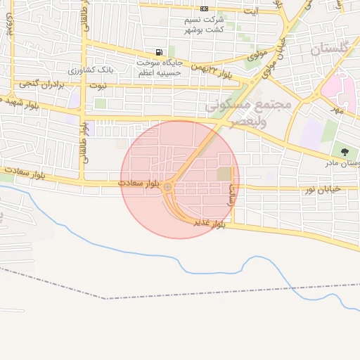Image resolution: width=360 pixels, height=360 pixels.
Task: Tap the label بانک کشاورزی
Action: coord(90,71)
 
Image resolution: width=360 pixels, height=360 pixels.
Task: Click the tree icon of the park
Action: coord(345,152)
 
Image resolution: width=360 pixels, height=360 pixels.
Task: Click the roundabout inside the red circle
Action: coord(167,186)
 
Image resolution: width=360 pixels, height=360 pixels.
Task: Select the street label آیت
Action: coord(250,11)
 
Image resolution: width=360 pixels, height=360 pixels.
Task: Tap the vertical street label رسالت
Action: coord(231,193)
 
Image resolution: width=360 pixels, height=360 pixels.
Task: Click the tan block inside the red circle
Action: coord(224,173)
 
